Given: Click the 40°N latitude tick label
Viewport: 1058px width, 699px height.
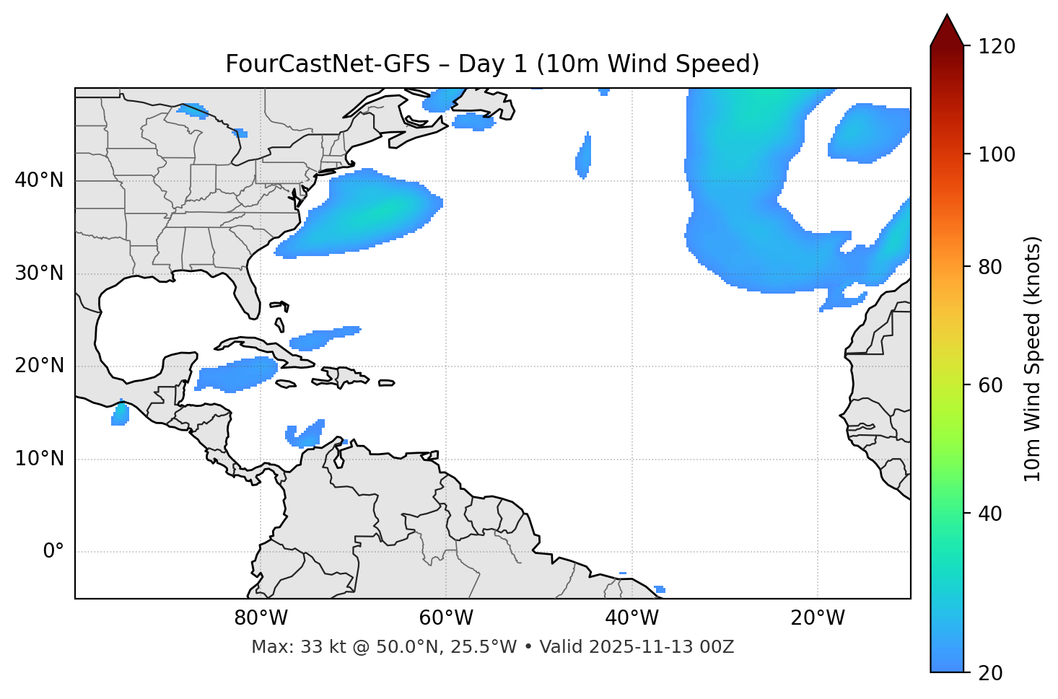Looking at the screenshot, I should [x=39, y=180].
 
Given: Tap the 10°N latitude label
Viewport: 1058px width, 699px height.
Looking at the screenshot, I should [x=39, y=459].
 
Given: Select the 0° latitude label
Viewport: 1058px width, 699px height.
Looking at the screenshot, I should [x=53, y=552].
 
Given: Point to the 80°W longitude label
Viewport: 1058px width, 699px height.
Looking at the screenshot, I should [x=261, y=618].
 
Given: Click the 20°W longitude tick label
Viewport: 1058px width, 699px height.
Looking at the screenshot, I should [x=818, y=618].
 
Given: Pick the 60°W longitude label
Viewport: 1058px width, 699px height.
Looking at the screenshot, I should [x=446, y=618].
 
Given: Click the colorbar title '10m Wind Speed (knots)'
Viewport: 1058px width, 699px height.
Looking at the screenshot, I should [x=1033, y=359].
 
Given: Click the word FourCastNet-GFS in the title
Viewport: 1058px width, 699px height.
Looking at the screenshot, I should [x=328, y=64].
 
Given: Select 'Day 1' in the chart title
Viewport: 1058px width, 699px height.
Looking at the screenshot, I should [x=493, y=64].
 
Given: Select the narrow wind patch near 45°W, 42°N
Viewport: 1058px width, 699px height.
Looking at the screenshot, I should [x=584, y=156].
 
